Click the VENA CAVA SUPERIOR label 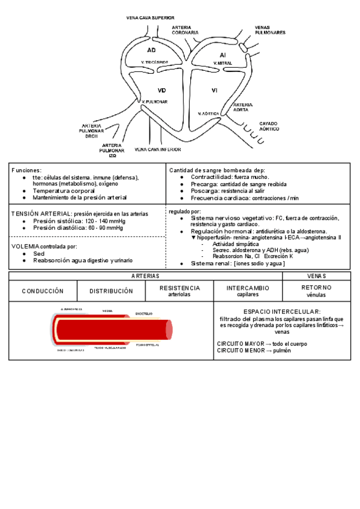[x=151, y=18]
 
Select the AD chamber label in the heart [x=151, y=49]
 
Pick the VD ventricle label [x=161, y=90]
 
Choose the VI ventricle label [x=214, y=90]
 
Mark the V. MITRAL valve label [x=221, y=62]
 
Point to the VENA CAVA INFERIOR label [x=158, y=149]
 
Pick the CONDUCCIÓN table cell [x=43, y=291]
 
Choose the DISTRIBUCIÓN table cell [x=111, y=291]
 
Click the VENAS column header [x=316, y=276]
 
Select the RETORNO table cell [x=316, y=288]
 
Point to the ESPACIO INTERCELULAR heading [x=281, y=312]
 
